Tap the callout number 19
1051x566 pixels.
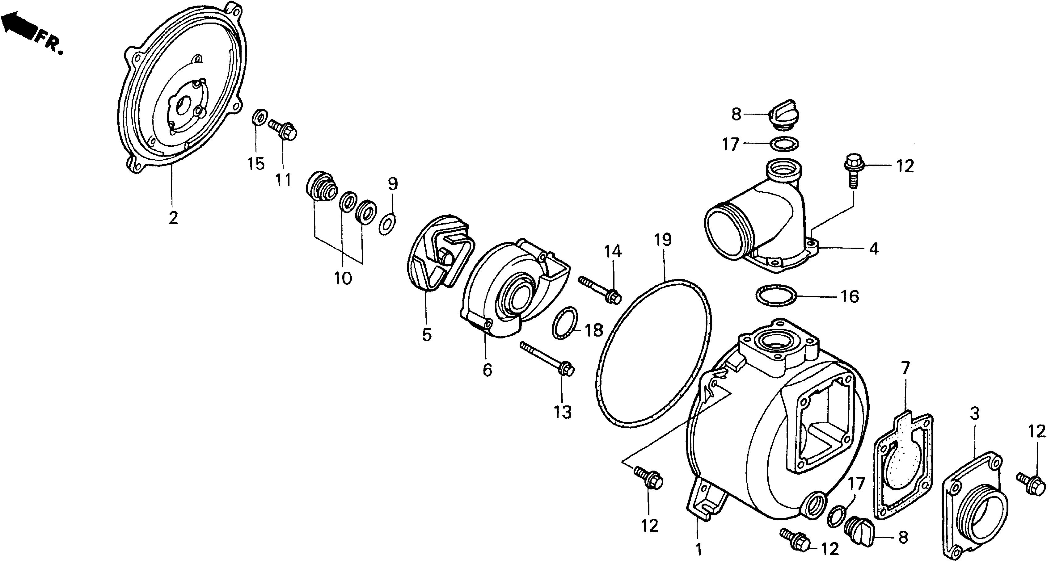tap(663, 240)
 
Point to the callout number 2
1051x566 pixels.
tap(173, 219)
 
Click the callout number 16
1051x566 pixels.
tap(850, 296)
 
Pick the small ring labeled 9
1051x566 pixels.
tap(386, 224)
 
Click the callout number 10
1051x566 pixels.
tap(343, 279)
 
